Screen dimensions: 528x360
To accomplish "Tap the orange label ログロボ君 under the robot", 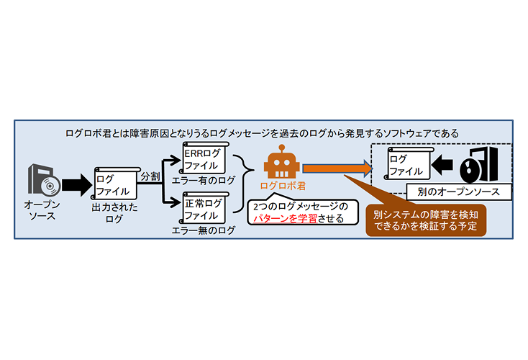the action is click(283, 186).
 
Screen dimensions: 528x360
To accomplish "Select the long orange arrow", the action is click(337, 168).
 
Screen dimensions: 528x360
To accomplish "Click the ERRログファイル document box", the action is click(204, 158).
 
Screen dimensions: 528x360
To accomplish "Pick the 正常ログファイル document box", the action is click(204, 208).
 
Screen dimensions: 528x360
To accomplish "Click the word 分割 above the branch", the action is click(150, 176).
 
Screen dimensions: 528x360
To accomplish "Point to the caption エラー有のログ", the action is click(203, 180).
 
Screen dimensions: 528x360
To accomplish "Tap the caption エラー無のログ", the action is click(203, 230).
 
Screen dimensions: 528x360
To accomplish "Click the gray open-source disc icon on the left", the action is click(44, 180).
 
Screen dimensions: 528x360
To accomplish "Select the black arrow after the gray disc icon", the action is click(77, 185).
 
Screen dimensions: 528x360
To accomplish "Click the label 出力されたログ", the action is click(114, 213).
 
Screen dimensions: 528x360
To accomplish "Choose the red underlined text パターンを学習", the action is click(285, 218).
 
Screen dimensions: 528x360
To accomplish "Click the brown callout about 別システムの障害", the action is click(426, 220).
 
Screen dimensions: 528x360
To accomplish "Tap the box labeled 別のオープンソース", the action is click(459, 192).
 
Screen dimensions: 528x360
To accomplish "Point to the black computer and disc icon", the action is click(479, 165).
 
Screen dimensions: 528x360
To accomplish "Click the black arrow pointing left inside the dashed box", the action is click(442, 165).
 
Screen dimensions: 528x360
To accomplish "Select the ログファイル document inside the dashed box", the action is click(408, 164).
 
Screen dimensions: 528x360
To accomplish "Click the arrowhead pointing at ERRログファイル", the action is click(176, 161).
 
